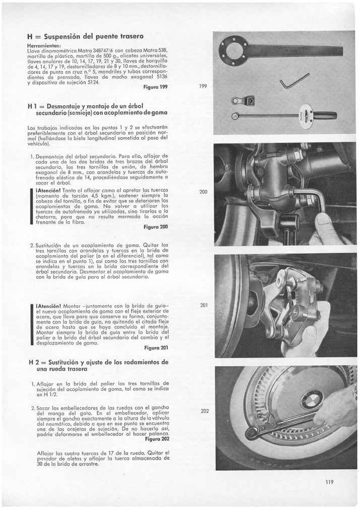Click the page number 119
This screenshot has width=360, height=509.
pos(329,482)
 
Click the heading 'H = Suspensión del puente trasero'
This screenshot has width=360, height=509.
pos(85,36)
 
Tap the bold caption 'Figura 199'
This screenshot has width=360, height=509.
pos(156,87)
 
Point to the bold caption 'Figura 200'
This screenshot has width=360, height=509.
pos(156,227)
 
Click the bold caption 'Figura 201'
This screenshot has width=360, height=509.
pos(156,348)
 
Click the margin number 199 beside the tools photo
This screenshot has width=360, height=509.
pos(203,87)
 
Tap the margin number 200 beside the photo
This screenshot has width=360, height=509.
pos(204,192)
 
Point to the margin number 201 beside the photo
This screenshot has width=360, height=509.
pos(204,305)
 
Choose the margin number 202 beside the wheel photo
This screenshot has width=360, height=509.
pos(204,411)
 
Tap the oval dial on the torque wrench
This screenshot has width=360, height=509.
pos(306,116)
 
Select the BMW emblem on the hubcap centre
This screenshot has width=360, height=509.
pos(311,400)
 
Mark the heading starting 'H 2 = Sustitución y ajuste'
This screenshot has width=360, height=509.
pos(98,366)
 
